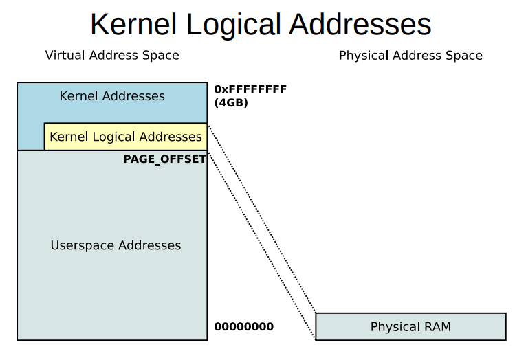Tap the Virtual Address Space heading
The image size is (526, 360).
point(112,56)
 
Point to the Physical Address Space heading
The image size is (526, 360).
point(410,56)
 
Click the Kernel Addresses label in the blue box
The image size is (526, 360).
point(112,96)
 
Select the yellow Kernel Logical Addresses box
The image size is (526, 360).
point(126,137)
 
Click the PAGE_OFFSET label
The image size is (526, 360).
point(165,159)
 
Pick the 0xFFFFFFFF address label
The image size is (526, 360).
point(250,89)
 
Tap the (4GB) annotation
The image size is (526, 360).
point(231,102)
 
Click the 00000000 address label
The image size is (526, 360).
point(244,327)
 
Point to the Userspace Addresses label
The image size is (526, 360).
point(116,245)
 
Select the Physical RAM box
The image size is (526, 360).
point(410,327)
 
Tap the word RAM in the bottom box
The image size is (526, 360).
point(437,327)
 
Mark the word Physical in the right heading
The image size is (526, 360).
point(364,56)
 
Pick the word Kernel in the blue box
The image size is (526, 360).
point(77,96)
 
